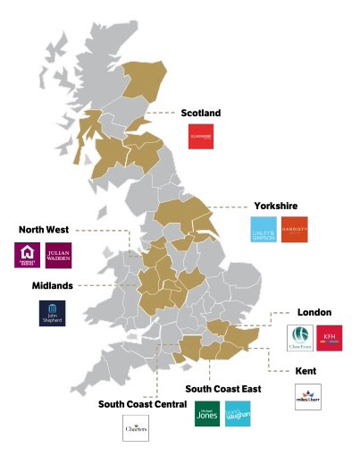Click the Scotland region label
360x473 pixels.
[x=200, y=114]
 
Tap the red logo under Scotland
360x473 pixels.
[x=200, y=137]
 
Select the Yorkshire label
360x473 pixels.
[x=274, y=205]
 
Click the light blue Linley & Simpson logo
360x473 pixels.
[x=264, y=229]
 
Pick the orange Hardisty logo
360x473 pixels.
[x=294, y=229]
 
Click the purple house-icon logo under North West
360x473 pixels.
[x=28, y=255]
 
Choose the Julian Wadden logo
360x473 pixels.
[x=58, y=255]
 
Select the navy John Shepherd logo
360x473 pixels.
[x=52, y=313]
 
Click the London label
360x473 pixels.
[x=314, y=312]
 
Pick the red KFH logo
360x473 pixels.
[x=330, y=338]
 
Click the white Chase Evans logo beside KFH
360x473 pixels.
[x=299, y=338]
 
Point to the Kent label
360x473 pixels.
[x=307, y=369]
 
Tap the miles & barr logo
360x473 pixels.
[x=307, y=395]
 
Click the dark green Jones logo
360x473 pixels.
[x=208, y=414]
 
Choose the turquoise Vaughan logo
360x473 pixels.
[x=239, y=414]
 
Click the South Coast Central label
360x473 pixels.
[x=135, y=403]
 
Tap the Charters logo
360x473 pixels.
[x=135, y=429]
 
